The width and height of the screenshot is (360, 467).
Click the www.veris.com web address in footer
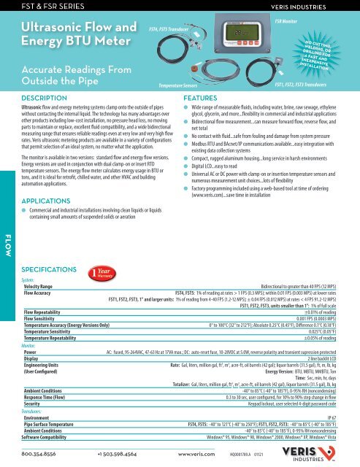click(x=194, y=454)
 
